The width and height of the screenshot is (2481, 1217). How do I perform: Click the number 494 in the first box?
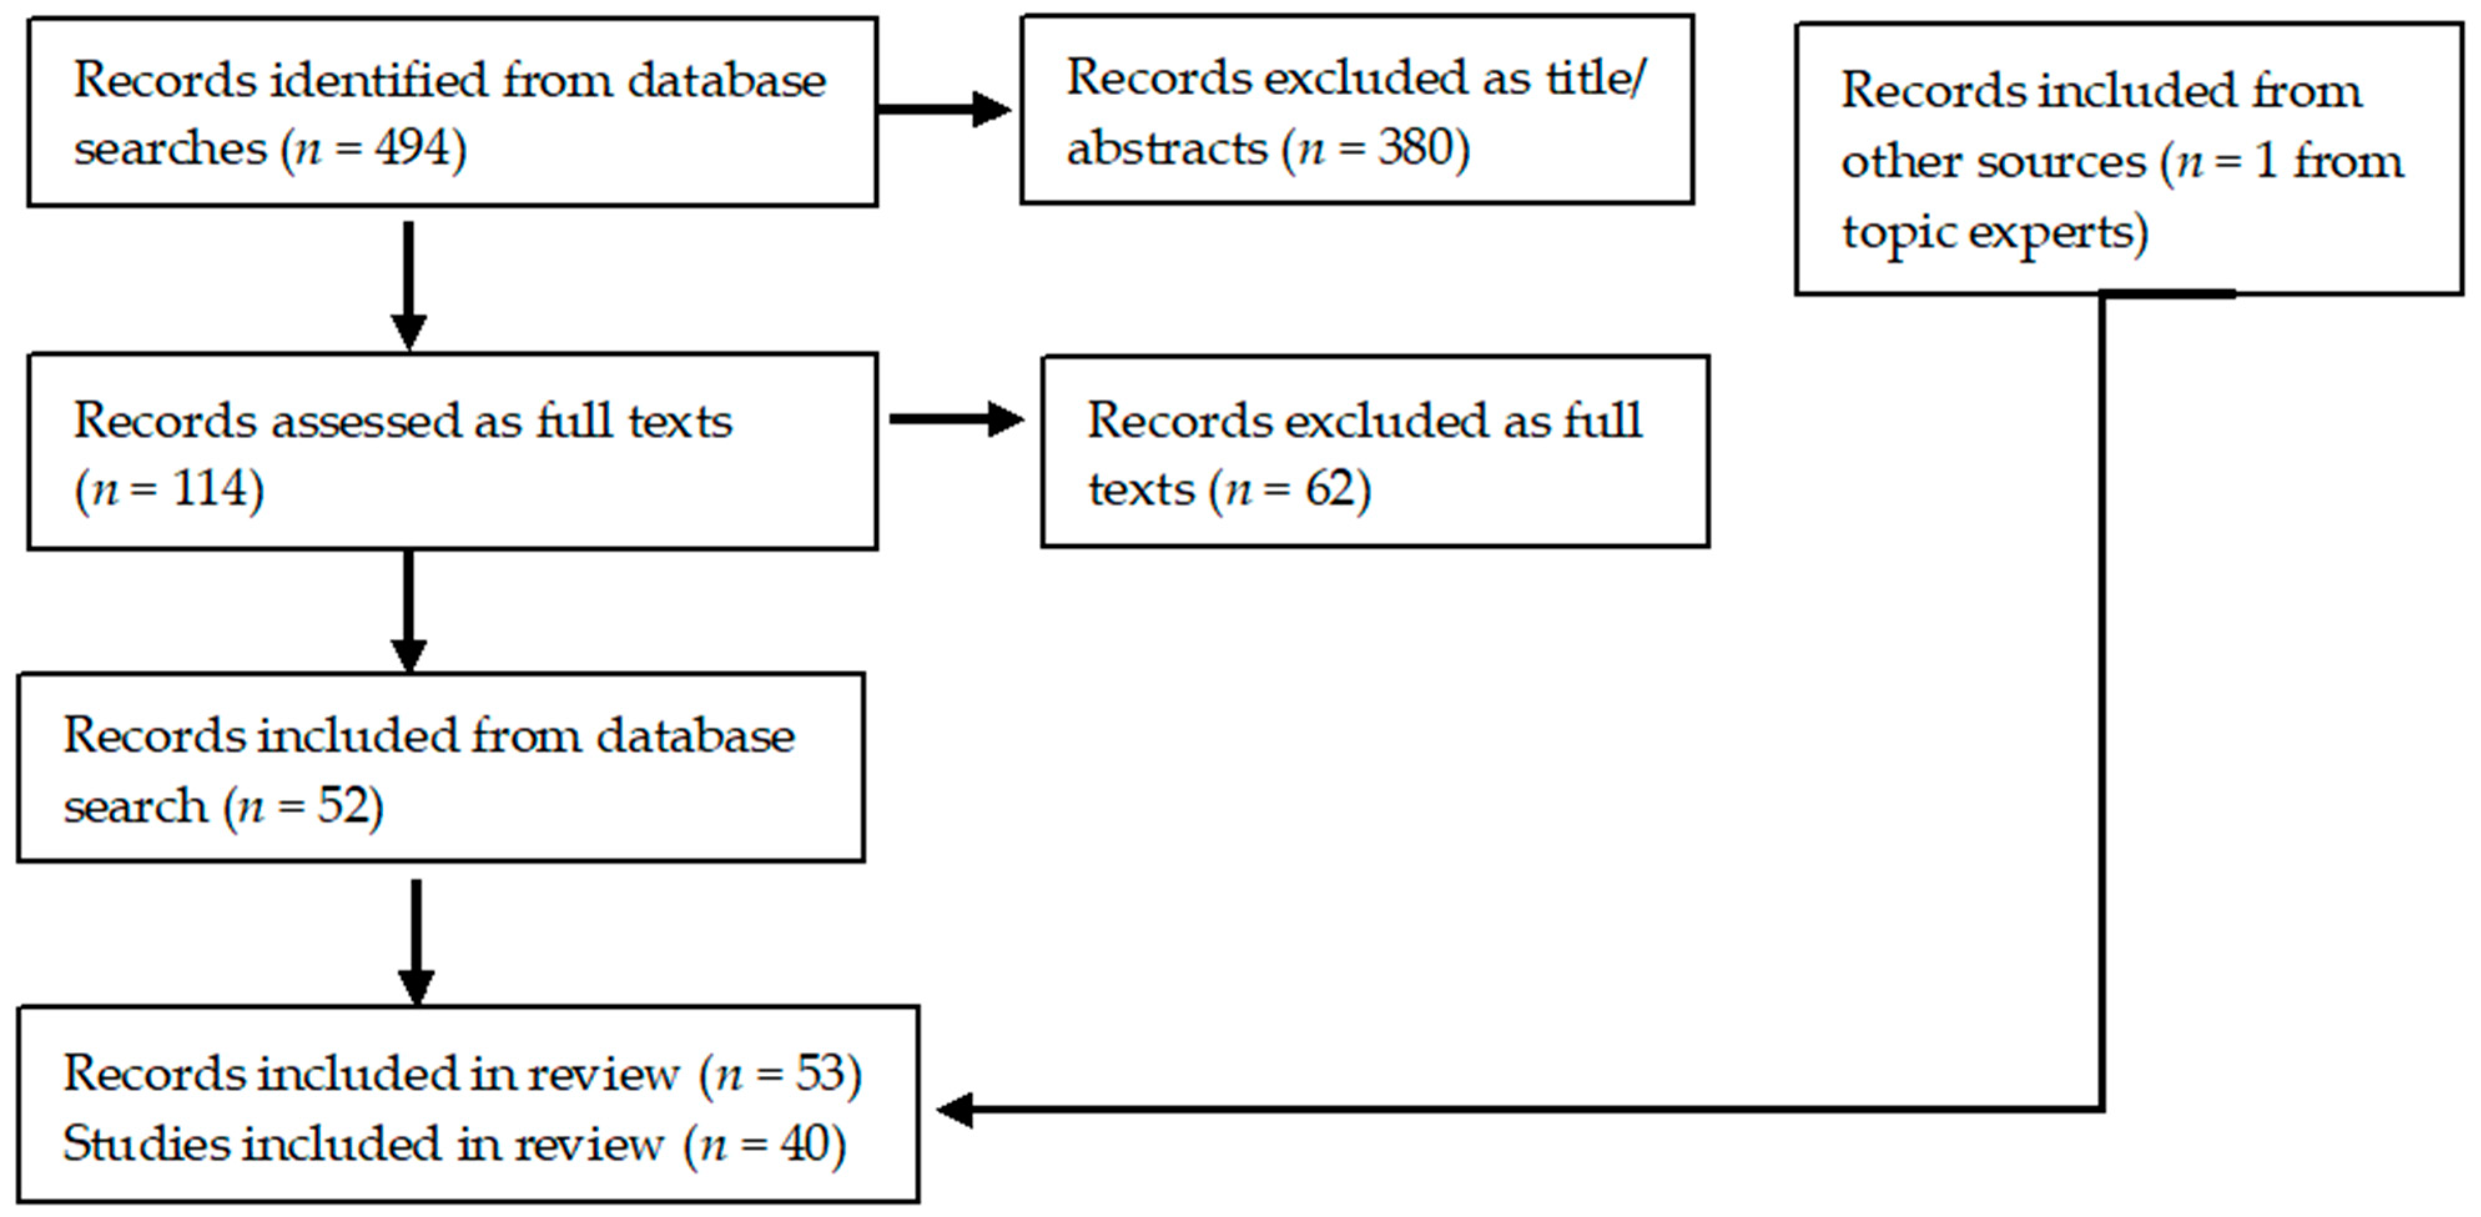[x=412, y=148]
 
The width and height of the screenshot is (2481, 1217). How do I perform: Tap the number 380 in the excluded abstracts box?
[x=1415, y=148]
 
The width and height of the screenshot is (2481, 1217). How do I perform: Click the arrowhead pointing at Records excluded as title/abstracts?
[x=992, y=109]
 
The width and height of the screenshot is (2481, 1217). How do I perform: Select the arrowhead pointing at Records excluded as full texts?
[x=1006, y=419]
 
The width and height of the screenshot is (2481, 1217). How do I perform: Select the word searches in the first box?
[x=170, y=148]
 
